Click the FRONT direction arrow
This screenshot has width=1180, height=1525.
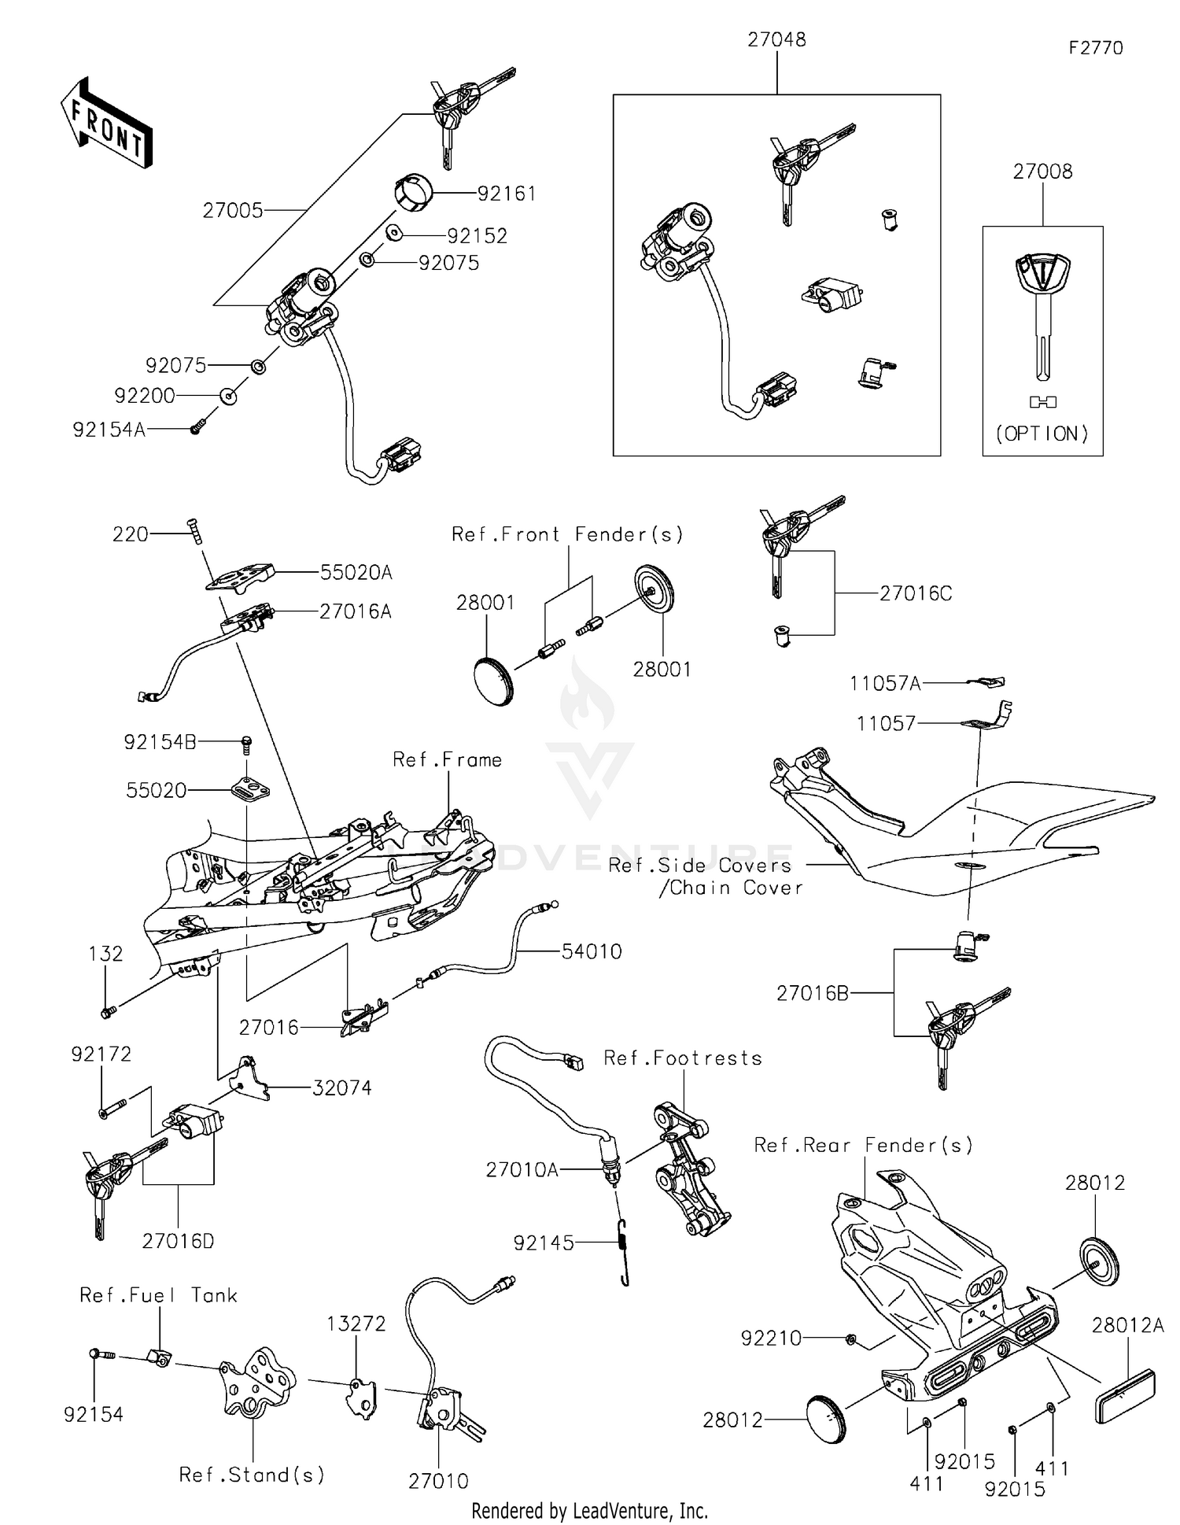[105, 124]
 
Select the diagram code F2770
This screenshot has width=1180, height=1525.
[1095, 48]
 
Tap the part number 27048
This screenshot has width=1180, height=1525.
[776, 40]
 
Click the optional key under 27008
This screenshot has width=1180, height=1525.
[1042, 315]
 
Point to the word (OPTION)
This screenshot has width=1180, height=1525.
[1042, 434]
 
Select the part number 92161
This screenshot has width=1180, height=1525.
[507, 194]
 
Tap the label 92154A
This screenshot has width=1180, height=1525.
[109, 430]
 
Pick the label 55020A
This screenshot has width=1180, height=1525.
[356, 573]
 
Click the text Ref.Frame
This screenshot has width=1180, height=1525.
[447, 759]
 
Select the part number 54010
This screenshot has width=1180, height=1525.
[592, 951]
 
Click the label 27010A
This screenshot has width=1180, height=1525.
[522, 1170]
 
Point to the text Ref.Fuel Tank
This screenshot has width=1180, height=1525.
[158, 1295]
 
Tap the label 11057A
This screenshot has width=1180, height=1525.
[884, 683]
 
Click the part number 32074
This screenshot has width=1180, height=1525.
[341, 1088]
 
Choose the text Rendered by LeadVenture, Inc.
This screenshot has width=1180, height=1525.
[589, 1511]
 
